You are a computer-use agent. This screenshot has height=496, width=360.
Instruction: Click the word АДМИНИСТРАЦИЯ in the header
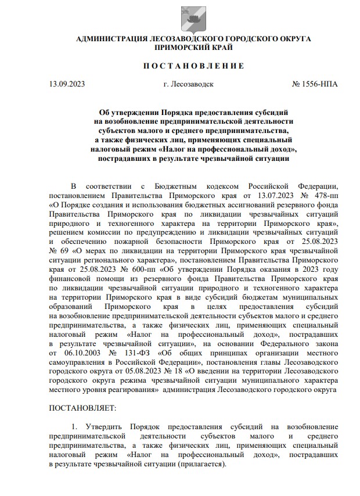(111, 38)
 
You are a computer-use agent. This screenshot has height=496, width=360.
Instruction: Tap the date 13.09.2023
(68, 84)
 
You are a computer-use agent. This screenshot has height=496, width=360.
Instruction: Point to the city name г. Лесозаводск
(189, 84)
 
